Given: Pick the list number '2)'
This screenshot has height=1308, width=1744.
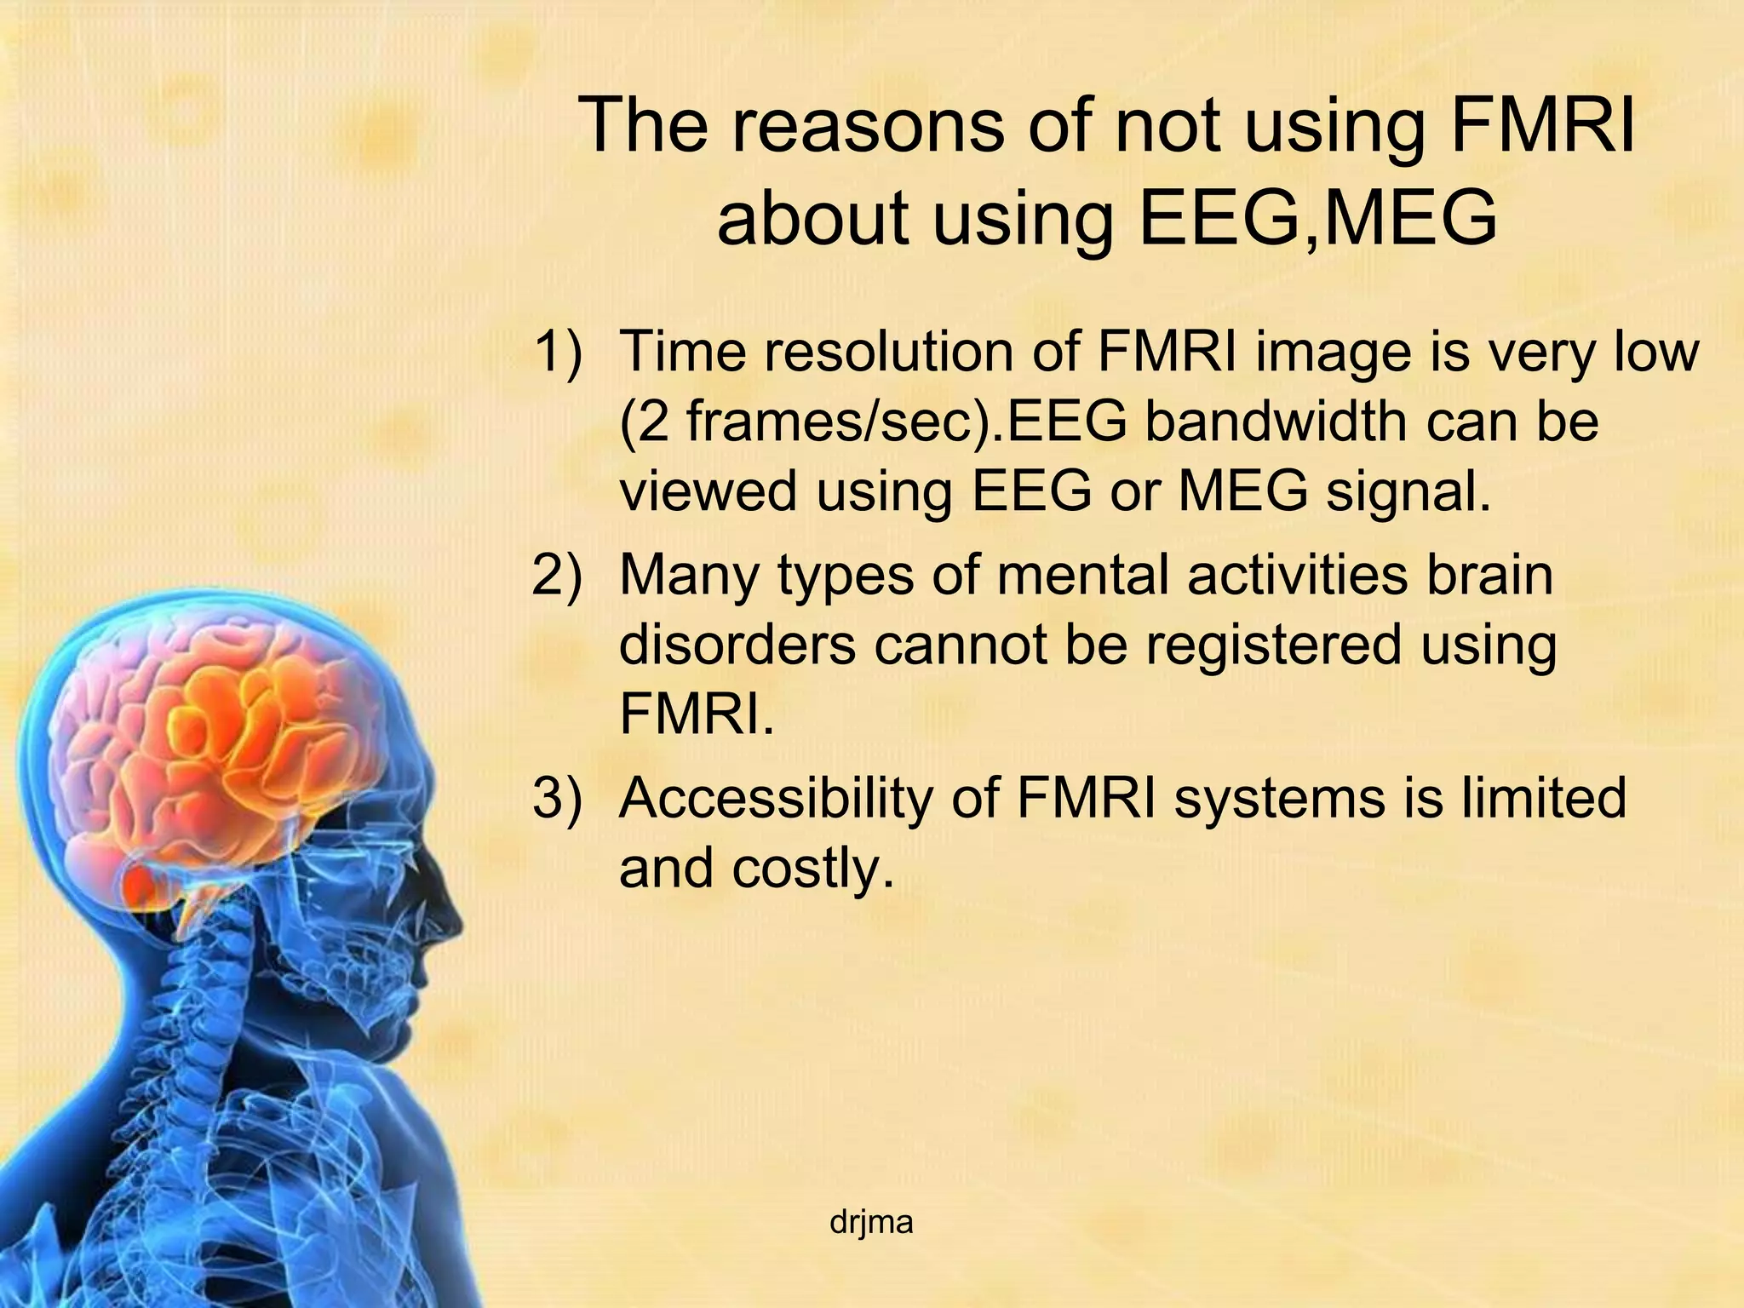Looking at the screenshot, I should point(559,575).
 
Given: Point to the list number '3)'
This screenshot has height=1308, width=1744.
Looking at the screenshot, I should point(559,798).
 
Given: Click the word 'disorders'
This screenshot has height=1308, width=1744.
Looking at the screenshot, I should point(737,645).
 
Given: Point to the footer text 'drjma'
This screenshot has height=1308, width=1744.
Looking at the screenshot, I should point(871,1223).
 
